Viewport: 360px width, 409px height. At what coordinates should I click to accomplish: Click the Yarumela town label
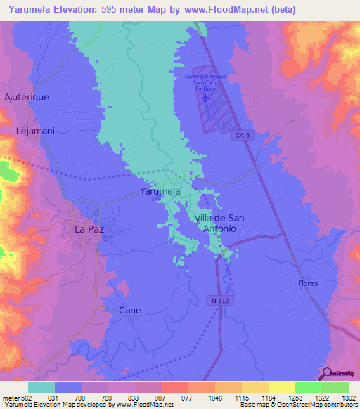(160, 191)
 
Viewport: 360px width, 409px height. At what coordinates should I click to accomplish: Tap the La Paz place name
(89, 228)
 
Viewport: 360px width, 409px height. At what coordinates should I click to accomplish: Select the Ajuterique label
(27, 97)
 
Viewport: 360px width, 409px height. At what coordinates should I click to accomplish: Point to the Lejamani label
(36, 131)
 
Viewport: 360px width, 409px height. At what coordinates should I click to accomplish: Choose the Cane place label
(130, 310)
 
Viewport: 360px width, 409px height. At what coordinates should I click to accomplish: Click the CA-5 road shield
(243, 136)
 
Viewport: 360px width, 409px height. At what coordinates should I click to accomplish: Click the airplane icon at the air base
(205, 98)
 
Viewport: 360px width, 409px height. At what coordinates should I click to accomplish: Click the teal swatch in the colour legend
(41, 387)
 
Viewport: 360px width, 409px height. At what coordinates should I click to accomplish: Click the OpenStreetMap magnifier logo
(326, 375)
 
